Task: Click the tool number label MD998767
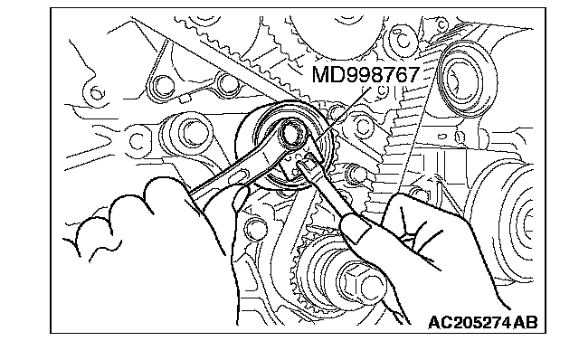tap(365, 74)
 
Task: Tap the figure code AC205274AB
tap(483, 322)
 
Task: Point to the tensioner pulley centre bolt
tap(293, 133)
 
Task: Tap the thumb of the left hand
tap(240, 197)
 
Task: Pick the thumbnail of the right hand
tap(356, 229)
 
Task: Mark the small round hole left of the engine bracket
tap(97, 92)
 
